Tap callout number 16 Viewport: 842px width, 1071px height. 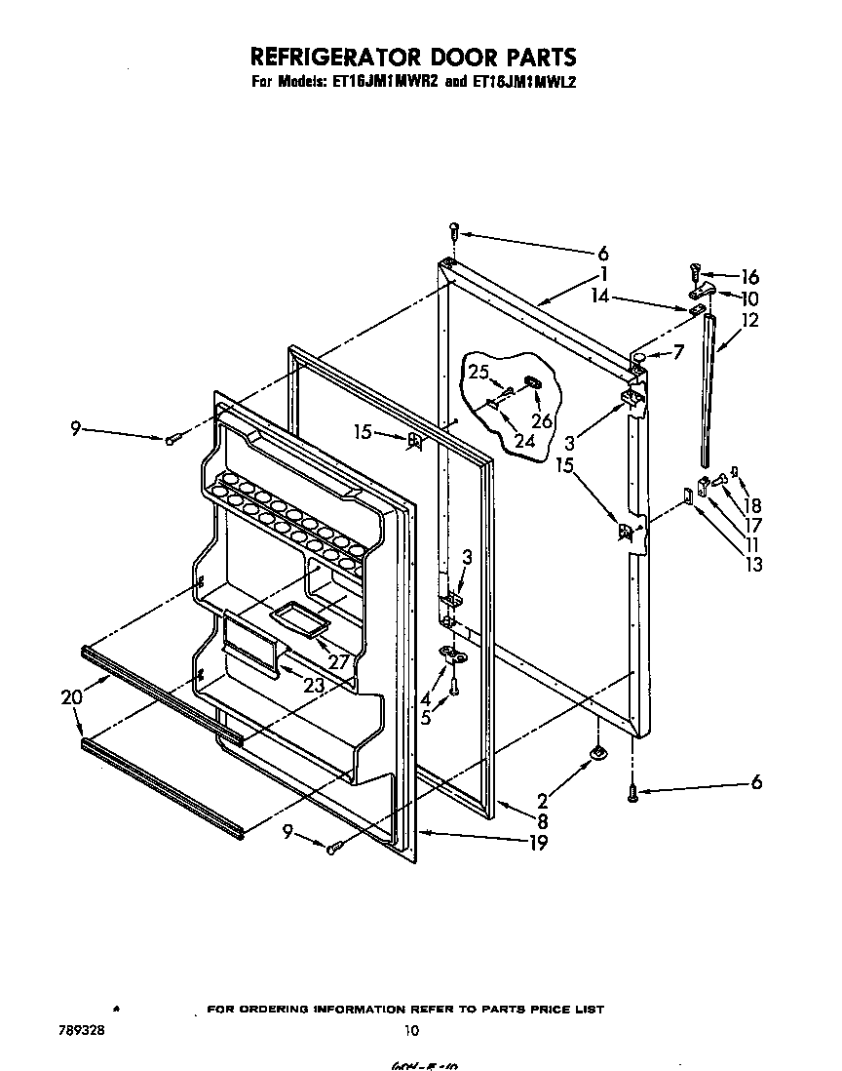click(749, 278)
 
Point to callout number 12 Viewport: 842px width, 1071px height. click(749, 320)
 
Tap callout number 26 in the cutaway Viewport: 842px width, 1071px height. click(541, 421)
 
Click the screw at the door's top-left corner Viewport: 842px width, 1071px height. click(454, 233)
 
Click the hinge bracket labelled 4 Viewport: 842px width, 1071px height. click(452, 656)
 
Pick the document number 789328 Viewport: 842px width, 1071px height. click(78, 1029)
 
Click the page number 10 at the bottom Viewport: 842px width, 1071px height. click(412, 1030)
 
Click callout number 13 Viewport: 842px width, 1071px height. click(751, 563)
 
